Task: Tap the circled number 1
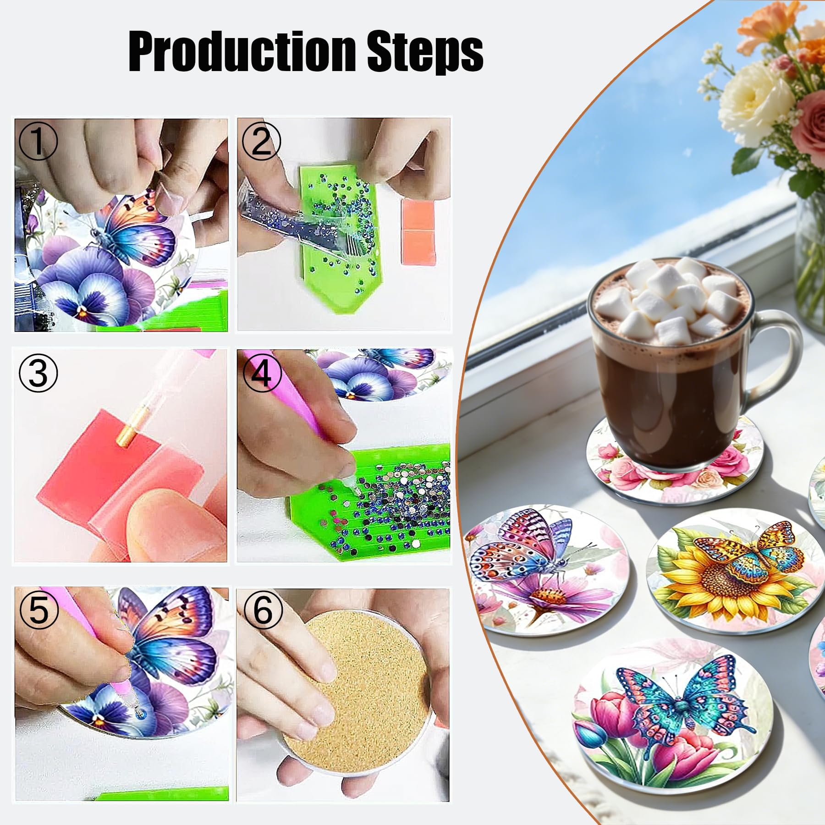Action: (x=38, y=141)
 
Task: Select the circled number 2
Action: (x=261, y=141)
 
